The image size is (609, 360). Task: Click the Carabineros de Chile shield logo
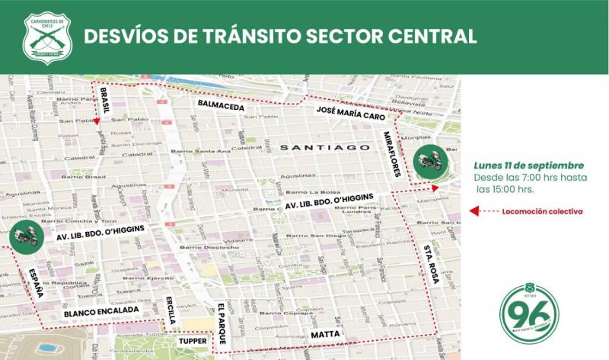48,37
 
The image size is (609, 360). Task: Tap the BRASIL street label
104,101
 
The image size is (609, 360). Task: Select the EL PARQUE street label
222,321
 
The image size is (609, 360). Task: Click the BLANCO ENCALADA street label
101,311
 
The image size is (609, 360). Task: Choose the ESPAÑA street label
35,282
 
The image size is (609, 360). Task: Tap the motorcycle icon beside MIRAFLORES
427,160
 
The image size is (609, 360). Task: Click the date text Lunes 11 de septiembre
529,165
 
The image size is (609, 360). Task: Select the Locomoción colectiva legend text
544,211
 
